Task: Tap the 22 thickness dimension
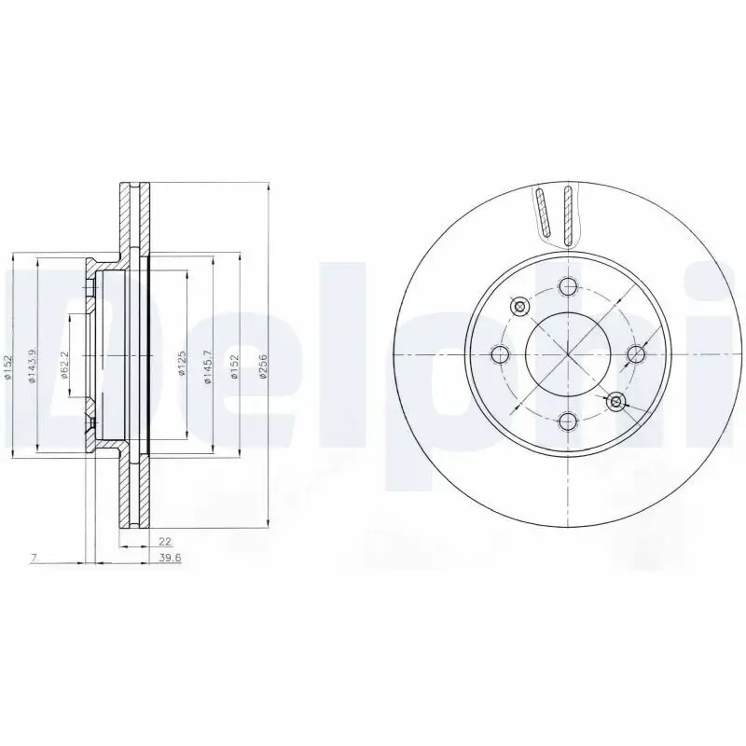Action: click(x=164, y=541)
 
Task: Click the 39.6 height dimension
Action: click(x=169, y=559)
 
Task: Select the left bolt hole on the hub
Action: click(x=500, y=354)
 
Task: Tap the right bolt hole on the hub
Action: click(x=636, y=353)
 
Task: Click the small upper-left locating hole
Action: click(x=520, y=306)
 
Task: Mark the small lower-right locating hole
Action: click(x=615, y=402)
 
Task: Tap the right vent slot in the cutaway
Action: click(x=565, y=213)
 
